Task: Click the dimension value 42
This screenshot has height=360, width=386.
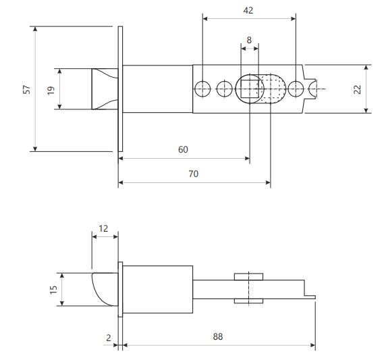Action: pyautogui.click(x=248, y=10)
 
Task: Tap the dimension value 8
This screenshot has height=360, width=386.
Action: pyautogui.click(x=249, y=40)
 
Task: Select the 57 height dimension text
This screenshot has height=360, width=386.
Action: pyautogui.click(x=26, y=89)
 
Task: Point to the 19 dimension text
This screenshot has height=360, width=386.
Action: pyautogui.click(x=51, y=91)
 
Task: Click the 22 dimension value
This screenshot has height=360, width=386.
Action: pyautogui.click(x=357, y=89)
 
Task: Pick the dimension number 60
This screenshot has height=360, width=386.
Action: pyautogui.click(x=183, y=149)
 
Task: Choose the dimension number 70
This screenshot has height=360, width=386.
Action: pyautogui.click(x=194, y=174)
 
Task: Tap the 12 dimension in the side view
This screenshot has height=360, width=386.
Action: pyautogui.click(x=103, y=229)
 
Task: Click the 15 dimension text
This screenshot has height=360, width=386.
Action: pyautogui.click(x=53, y=290)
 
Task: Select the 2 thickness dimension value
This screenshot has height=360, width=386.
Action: pyautogui.click(x=109, y=338)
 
